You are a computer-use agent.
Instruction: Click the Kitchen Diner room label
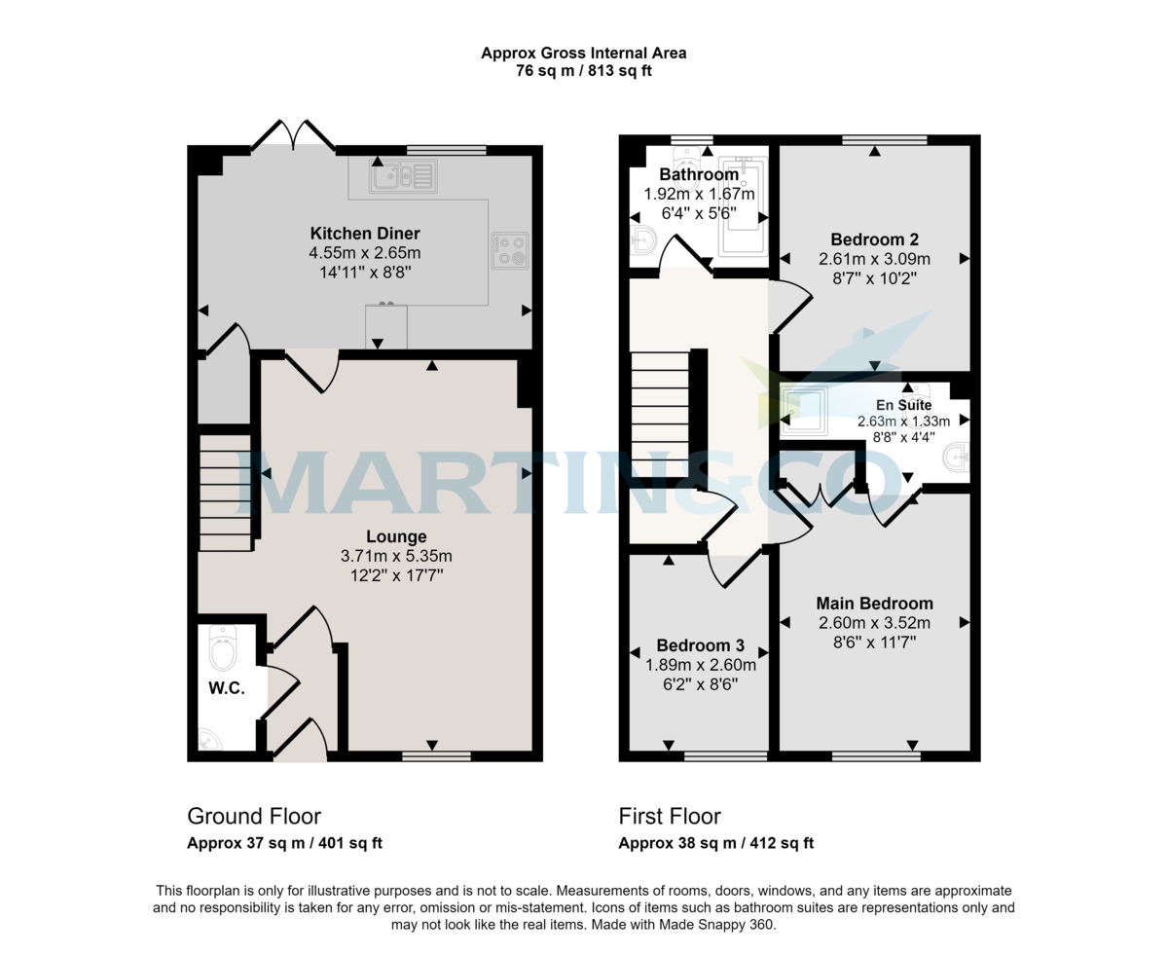click(365, 234)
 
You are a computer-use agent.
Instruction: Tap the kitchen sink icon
click(402, 176)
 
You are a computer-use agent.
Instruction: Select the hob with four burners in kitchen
click(510, 248)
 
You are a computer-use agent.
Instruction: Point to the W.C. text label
click(226, 687)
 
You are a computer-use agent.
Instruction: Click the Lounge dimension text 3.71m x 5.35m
click(396, 556)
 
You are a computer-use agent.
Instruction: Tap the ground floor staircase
click(225, 494)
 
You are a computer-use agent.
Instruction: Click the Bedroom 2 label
click(874, 239)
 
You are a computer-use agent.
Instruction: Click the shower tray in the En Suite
click(805, 410)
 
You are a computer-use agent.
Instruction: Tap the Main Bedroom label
click(874, 603)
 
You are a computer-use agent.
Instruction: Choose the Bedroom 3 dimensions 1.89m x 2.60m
click(700, 666)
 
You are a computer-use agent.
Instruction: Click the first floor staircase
click(661, 414)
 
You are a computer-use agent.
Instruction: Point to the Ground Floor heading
click(254, 816)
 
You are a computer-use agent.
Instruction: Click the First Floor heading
click(670, 816)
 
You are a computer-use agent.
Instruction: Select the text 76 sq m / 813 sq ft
click(583, 70)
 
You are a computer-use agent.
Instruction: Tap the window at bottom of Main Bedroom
click(876, 755)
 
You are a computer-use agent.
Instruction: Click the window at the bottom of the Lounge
click(435, 755)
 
